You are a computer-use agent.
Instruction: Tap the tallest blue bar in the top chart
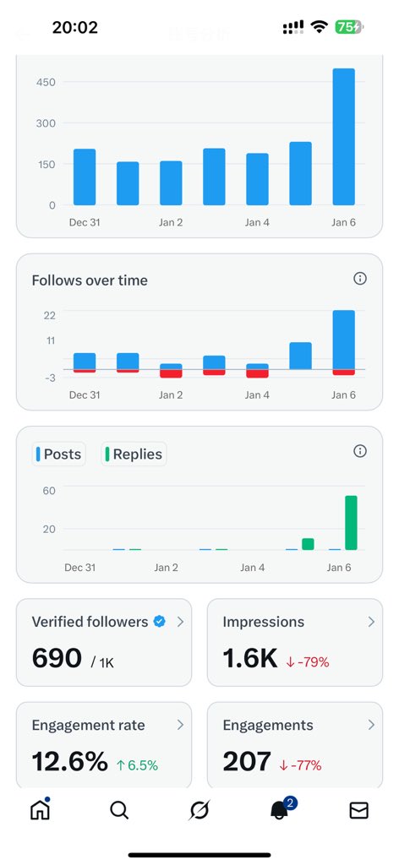click(x=343, y=137)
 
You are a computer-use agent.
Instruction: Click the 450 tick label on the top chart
click(x=46, y=82)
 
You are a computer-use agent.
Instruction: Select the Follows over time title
click(x=90, y=280)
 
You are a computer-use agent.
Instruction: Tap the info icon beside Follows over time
click(x=360, y=279)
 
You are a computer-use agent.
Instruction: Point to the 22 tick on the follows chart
click(x=49, y=315)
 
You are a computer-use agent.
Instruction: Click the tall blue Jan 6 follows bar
click(x=343, y=340)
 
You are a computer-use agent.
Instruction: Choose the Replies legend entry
click(x=134, y=454)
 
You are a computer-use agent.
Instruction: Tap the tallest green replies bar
click(x=351, y=523)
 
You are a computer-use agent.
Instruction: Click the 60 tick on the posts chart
click(x=49, y=491)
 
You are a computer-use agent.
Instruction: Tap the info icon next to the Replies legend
click(x=360, y=451)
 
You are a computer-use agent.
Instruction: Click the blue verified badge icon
click(x=159, y=622)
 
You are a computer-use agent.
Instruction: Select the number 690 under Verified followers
click(x=57, y=659)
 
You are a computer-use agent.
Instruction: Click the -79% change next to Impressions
click(x=308, y=662)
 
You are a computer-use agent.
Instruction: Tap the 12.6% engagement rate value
click(x=68, y=762)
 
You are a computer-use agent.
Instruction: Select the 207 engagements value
click(x=246, y=762)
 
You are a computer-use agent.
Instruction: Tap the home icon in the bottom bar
click(x=40, y=810)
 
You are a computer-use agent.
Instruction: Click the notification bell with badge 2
click(x=279, y=811)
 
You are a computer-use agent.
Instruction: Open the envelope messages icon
click(x=358, y=811)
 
